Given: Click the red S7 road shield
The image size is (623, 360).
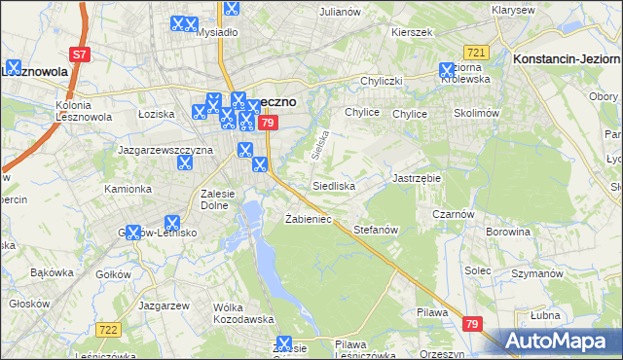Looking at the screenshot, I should coord(81,55).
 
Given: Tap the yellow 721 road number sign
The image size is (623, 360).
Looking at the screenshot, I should coord(476,52).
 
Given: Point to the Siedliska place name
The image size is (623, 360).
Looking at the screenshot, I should coord(334,185).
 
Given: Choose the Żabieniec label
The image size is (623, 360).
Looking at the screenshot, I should coord(309,219).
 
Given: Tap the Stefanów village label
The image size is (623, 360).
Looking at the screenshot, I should coord(377,230).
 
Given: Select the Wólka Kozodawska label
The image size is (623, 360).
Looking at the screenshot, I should coord(242,313).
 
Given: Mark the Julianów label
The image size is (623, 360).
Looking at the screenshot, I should coord(340,12).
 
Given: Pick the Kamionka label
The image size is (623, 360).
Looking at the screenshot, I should coord(128,189).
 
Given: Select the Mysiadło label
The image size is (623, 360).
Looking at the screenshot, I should coord(217,31).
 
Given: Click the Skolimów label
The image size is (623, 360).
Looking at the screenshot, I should coord(477,114).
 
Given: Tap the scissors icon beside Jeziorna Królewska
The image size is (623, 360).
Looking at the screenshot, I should coord(447,71).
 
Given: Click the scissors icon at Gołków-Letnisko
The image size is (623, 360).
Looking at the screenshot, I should coord(172,223).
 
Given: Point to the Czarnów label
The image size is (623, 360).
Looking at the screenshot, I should coord(454,214).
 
